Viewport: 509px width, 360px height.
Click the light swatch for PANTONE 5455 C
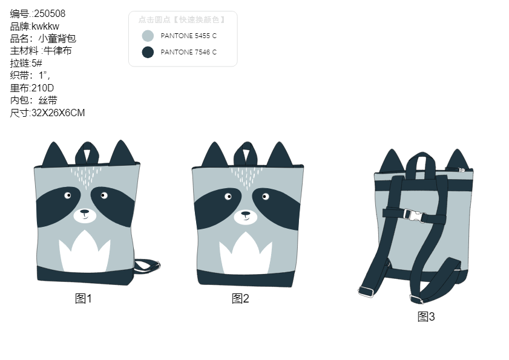pos(148,36)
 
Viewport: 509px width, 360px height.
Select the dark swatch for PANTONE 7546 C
pos(148,52)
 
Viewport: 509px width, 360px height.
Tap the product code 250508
pos(50,14)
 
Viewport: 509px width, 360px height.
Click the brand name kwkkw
pos(45,26)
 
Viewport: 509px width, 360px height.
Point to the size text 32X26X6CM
pos(58,113)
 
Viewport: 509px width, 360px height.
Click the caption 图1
pos(84,298)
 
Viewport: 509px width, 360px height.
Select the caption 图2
pos(240,298)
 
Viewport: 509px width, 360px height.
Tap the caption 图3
pos(426,316)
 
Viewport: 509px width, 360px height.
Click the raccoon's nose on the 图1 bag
pos(84,212)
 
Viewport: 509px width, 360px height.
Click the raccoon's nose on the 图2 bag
pos(245,214)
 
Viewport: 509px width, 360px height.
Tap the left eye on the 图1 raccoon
pos(68,195)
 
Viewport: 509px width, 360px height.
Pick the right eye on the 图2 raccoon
pos(265,197)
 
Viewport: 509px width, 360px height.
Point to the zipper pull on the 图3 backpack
pos(460,169)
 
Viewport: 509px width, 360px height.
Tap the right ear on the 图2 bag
pos(280,154)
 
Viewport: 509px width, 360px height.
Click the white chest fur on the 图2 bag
pos(245,255)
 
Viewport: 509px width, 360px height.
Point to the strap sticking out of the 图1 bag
pos(146,266)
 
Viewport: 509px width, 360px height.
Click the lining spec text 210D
pos(42,88)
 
